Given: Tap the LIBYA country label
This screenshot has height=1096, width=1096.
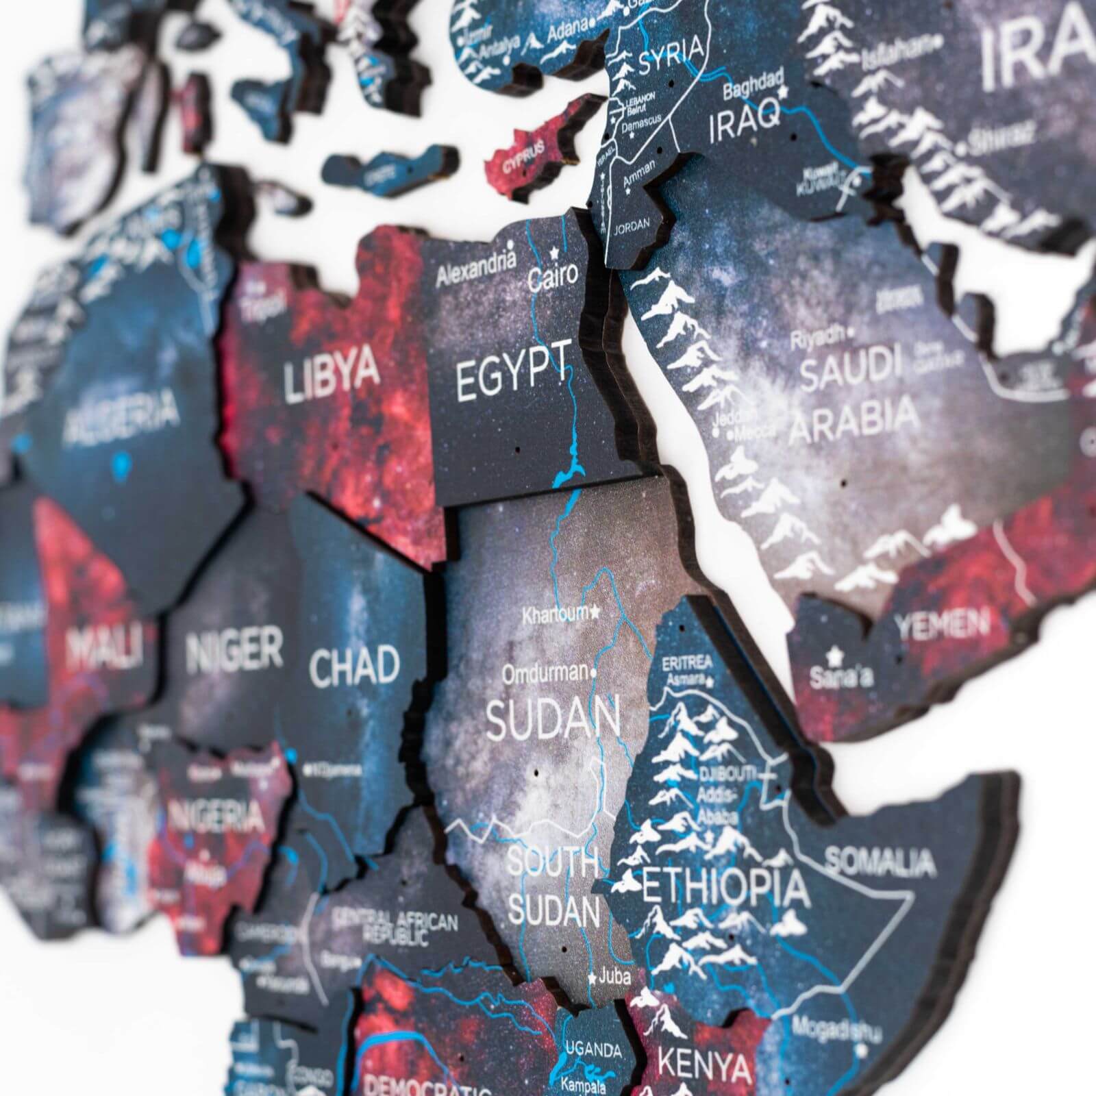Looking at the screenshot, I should (332, 373).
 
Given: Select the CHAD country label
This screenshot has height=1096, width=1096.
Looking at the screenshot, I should (354, 664).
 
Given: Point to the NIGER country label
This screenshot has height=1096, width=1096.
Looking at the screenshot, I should (234, 650).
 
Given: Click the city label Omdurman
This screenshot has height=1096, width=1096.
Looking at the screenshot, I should (545, 673).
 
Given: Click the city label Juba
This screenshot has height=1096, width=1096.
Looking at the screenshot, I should (614, 975).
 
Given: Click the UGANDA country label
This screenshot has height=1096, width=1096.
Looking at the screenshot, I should (593, 1049).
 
